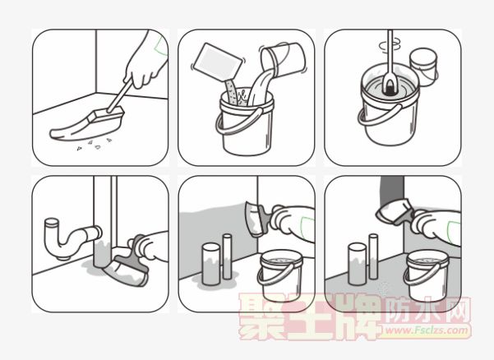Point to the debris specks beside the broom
pos(95,145)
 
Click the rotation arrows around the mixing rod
pos(390,45)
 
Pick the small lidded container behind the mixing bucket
pos(424,67)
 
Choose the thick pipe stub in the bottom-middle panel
pos(211,264)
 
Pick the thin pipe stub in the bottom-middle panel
pos(227,256)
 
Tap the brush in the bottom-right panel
pos(395,212)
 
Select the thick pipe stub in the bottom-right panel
pos(358,264)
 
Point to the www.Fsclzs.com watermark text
pos(427,330)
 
